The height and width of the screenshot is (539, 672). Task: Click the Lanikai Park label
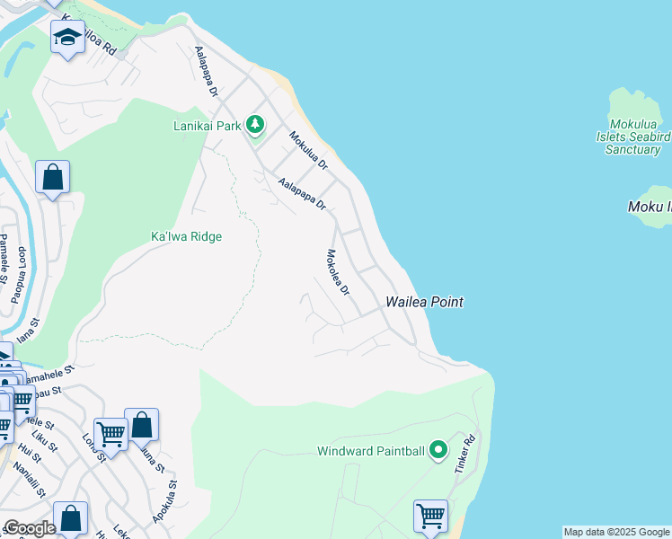click(x=207, y=126)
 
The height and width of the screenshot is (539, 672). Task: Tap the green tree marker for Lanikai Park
click(x=255, y=125)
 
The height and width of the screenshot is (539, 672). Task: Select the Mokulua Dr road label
click(x=308, y=151)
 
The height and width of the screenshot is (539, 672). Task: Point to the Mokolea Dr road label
click(x=337, y=273)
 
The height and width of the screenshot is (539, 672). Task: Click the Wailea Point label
click(x=424, y=303)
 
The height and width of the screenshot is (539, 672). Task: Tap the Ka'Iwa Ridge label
click(x=185, y=236)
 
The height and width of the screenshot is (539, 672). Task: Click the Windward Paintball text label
click(x=370, y=451)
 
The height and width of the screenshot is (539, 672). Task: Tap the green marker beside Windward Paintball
click(x=438, y=449)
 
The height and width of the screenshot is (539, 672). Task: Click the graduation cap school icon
click(x=67, y=38)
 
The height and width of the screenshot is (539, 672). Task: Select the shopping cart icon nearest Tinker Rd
click(x=430, y=517)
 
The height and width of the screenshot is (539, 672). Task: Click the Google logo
click(x=29, y=528)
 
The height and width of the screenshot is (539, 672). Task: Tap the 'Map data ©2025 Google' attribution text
click(x=616, y=532)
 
